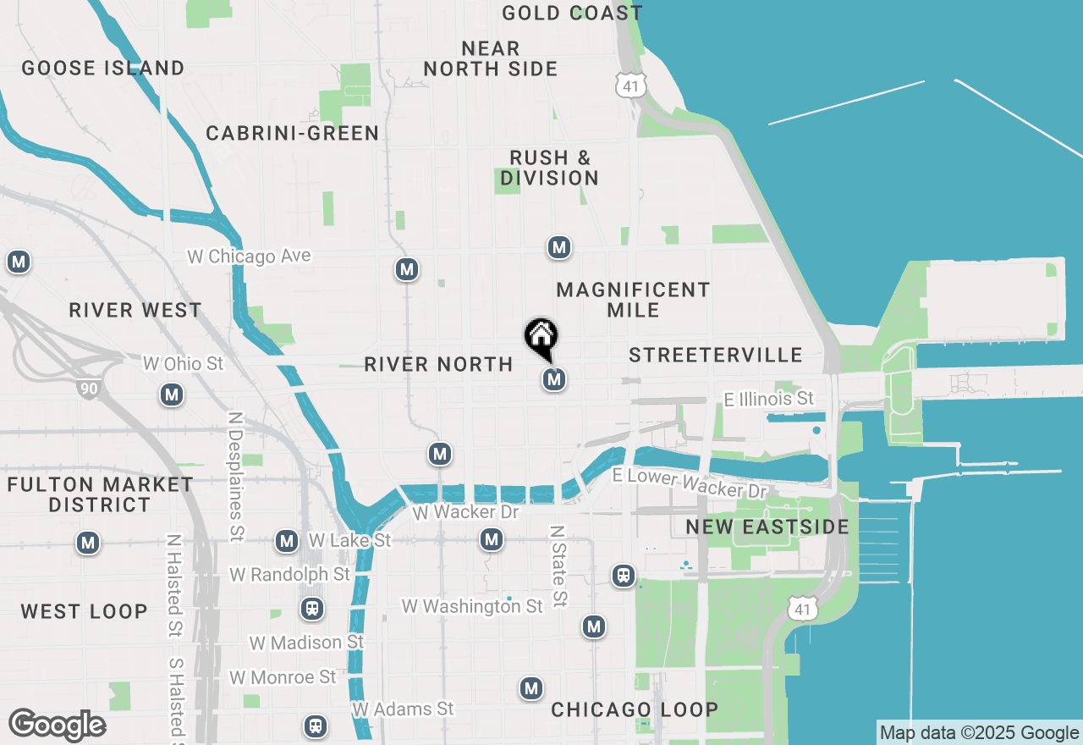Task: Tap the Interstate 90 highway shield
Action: point(87,389)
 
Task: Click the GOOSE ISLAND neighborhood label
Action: point(103,69)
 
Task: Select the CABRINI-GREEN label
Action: point(293,134)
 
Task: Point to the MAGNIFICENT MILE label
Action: point(633,300)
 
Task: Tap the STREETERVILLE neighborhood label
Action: point(716,355)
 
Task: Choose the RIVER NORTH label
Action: point(438,365)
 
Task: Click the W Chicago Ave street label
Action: point(249,256)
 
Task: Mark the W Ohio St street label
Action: point(184,364)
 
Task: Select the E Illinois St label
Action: point(768,399)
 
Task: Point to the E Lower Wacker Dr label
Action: point(689,483)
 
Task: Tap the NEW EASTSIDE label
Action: point(767,527)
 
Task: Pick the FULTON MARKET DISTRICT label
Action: point(100,494)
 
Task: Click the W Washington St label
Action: point(472,606)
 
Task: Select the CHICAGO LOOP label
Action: point(635,709)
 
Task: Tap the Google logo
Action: point(58,726)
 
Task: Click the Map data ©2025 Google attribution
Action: point(979,733)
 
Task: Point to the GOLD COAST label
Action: point(572,14)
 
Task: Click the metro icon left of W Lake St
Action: point(287,540)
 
